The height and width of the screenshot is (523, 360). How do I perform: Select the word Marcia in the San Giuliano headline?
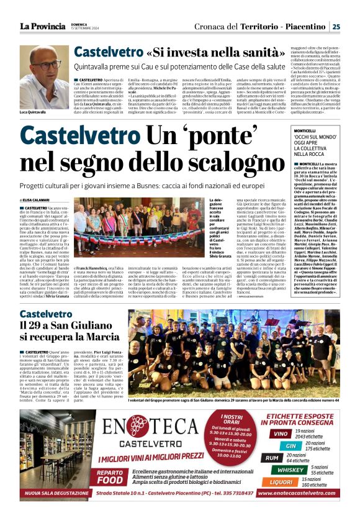click(x=99, y=336)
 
